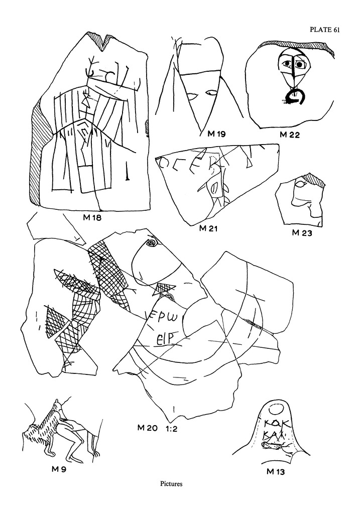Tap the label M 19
[216, 134]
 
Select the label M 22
[290, 135]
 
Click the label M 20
[148, 428]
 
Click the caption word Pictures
[171, 484]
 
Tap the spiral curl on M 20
[150, 243]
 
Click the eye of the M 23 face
[300, 185]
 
